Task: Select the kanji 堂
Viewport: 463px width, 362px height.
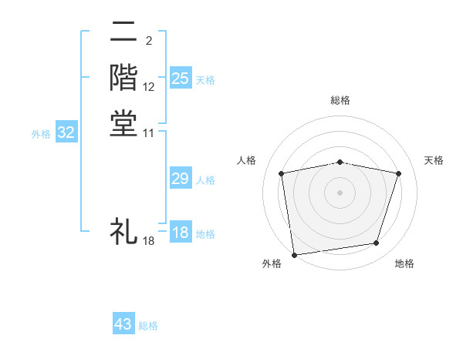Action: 124,123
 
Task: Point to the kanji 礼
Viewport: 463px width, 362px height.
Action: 124,231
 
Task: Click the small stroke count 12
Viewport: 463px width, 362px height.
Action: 149,87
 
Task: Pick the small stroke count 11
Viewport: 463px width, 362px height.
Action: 149,133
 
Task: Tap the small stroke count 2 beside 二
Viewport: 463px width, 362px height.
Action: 148,41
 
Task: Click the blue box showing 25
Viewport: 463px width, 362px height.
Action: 180,79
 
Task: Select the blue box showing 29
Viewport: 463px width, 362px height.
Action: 180,179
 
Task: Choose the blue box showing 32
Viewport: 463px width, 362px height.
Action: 66,132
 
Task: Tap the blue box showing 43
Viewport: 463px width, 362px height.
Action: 123,324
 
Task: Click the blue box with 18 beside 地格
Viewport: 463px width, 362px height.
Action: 180,233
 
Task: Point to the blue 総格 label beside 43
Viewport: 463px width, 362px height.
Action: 148,326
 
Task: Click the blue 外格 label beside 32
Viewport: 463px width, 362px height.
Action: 41,133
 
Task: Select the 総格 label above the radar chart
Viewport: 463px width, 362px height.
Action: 340,101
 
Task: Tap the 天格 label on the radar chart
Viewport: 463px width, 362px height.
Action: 434,160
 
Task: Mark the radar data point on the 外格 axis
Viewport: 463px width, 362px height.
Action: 294,254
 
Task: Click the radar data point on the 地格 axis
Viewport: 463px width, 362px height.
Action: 377,243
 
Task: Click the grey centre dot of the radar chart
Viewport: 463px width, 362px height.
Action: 340,192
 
